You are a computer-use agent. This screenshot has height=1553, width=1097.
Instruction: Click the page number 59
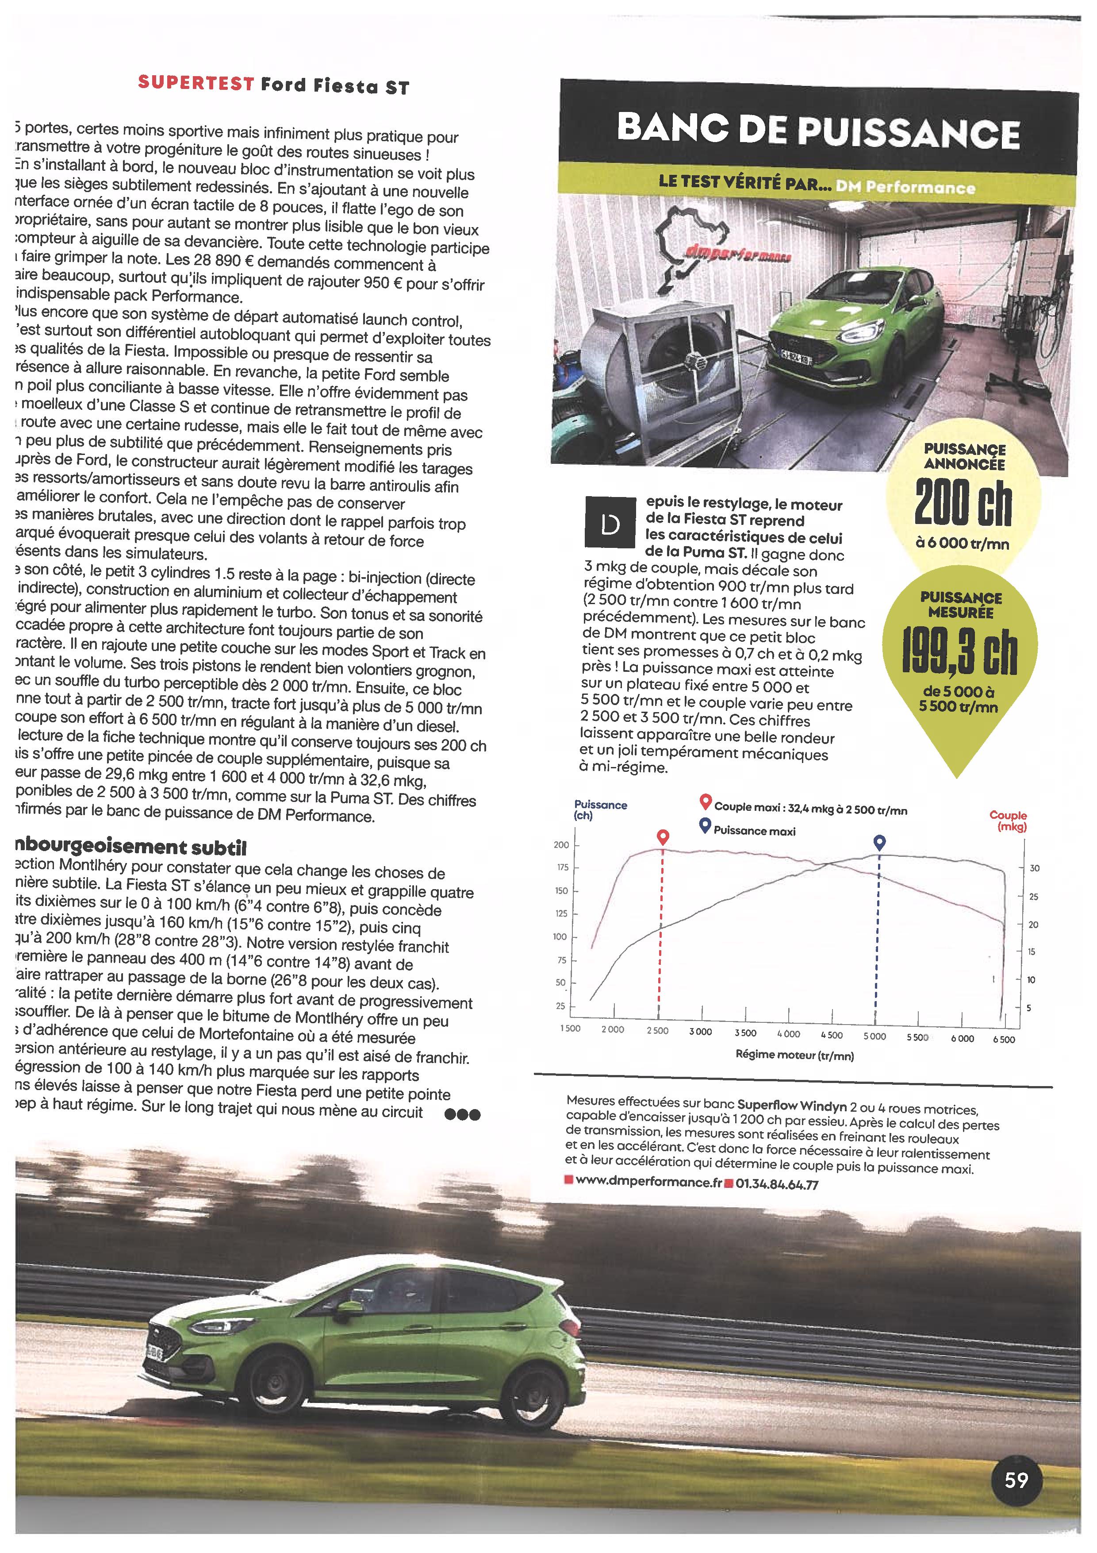(x=1016, y=1480)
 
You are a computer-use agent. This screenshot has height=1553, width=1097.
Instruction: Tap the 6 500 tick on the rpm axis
(x=1003, y=1040)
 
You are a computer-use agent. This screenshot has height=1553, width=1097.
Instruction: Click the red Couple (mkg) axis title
(x=1008, y=821)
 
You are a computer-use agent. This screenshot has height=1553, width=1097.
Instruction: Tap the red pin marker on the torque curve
(x=663, y=837)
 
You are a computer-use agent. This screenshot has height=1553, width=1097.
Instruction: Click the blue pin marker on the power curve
(x=878, y=842)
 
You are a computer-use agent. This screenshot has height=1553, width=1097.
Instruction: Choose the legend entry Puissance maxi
(x=754, y=831)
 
